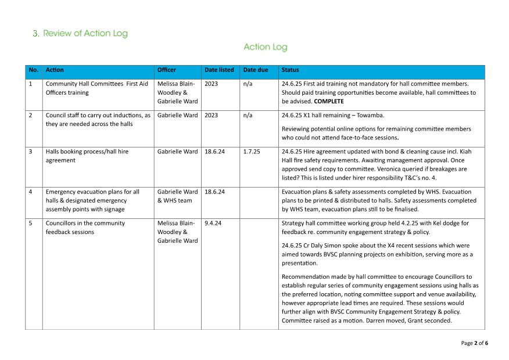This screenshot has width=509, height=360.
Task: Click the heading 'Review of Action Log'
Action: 85,34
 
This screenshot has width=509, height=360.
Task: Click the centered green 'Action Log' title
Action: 265,47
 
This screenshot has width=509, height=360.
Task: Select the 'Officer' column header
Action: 166,70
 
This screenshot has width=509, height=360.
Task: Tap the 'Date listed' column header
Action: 219,70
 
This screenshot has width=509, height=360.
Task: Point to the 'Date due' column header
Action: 256,70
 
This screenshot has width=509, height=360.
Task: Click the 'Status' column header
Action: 290,70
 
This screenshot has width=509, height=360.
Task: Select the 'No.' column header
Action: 33,70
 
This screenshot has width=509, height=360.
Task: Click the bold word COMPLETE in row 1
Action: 329,102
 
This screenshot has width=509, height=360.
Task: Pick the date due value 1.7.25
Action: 252,152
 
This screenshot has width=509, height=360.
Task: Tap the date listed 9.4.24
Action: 213,223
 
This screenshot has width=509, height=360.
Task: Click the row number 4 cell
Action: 31,192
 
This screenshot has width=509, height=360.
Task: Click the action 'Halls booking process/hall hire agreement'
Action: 87,156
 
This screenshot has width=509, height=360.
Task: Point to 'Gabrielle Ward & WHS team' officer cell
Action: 177,196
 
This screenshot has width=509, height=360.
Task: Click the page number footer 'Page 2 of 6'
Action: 474,343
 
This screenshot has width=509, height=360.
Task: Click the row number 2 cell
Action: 31,115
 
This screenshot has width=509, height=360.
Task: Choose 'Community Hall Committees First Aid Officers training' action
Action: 96,88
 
